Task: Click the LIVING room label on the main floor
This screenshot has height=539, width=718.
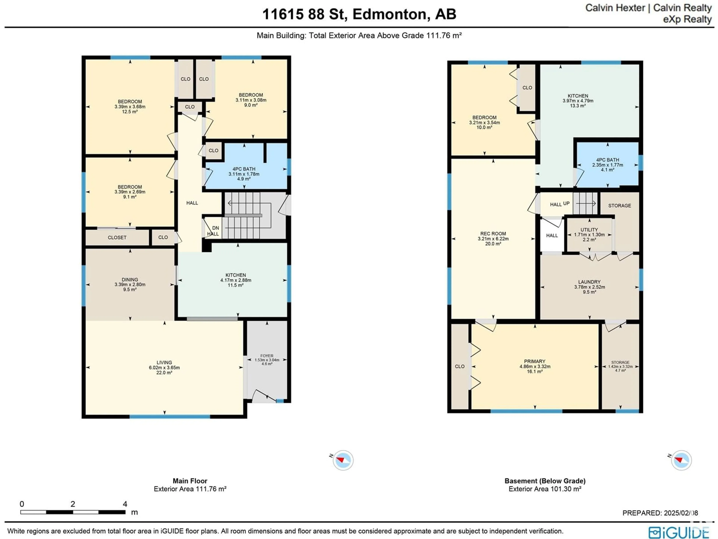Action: click(164, 362)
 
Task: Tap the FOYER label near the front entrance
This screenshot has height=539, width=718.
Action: click(267, 356)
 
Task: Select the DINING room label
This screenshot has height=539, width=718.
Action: click(130, 279)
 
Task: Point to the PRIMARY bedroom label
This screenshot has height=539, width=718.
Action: click(535, 361)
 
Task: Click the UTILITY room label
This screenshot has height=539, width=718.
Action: click(589, 230)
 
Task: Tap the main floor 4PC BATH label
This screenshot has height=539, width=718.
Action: click(244, 169)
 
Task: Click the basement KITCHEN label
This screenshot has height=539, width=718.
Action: click(578, 96)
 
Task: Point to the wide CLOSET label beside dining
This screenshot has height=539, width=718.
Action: click(117, 237)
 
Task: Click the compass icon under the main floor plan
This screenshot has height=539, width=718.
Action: click(343, 460)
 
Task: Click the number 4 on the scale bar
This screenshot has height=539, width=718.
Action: click(125, 504)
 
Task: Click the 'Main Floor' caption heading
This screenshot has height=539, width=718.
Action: click(190, 481)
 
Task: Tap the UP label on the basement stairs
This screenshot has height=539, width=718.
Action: click(566, 203)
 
